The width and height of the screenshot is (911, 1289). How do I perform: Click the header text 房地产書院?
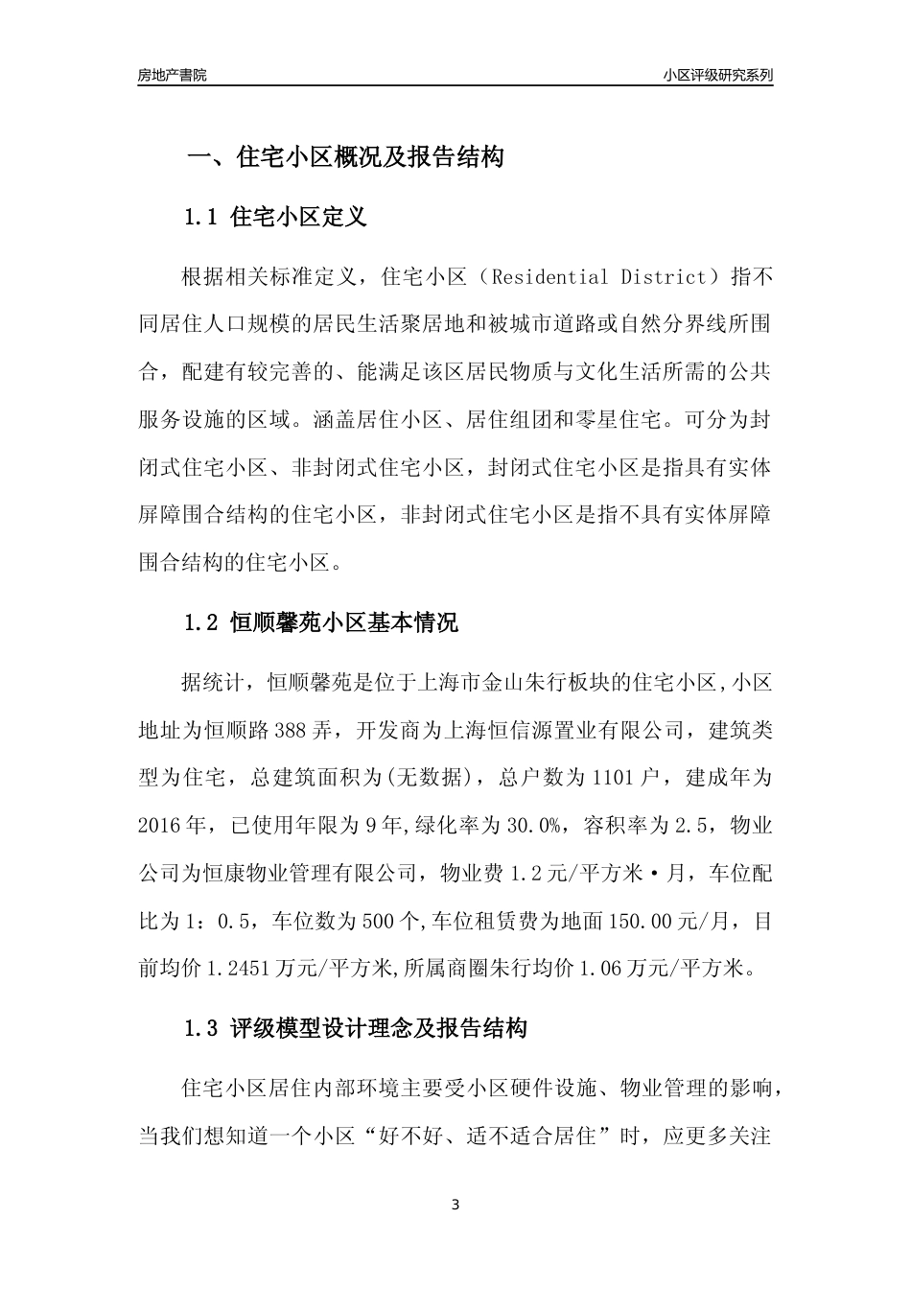(172, 75)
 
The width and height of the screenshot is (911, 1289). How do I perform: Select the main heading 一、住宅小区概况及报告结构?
(344, 157)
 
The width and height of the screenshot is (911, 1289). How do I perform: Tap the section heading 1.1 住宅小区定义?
(274, 217)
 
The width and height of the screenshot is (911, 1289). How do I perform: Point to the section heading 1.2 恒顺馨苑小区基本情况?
(320, 623)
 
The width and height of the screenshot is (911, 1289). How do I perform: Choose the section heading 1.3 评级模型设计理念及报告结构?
(355, 1030)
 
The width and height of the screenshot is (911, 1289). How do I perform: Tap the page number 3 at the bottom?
(455, 1205)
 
